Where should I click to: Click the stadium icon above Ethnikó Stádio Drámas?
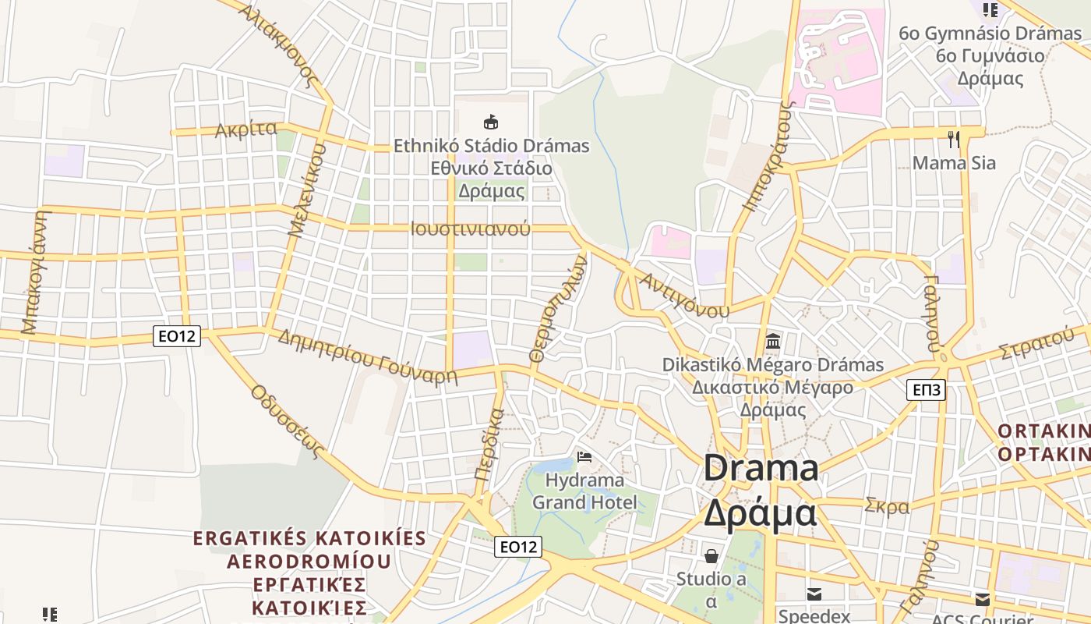[x=491, y=122]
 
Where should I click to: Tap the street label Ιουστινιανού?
[x=470, y=229]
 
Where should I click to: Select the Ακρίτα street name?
[x=246, y=129]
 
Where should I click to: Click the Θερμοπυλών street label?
[x=556, y=308]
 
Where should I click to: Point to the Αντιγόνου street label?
[x=683, y=296]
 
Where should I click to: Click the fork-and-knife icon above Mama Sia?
[x=953, y=140]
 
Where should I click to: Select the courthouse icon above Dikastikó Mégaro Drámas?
[x=773, y=341]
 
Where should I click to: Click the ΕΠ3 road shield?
[x=926, y=390]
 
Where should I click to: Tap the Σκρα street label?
[x=887, y=506]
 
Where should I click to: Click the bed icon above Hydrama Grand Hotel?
[x=584, y=457]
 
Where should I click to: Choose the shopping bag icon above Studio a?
[x=711, y=556]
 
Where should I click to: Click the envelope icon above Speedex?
[x=814, y=594]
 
